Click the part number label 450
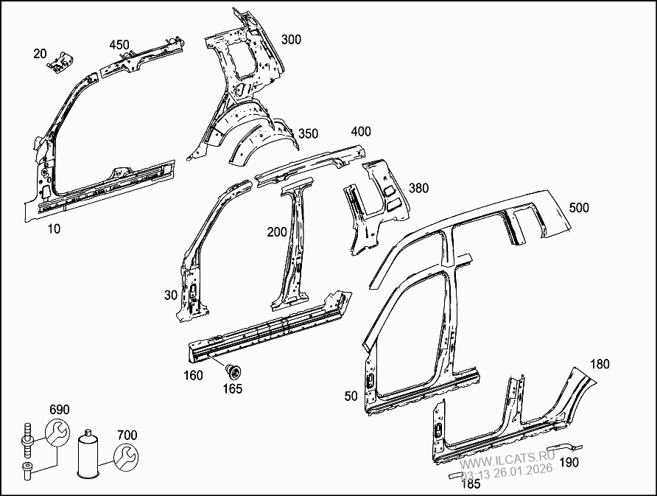click(119, 45)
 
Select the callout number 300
click(291, 39)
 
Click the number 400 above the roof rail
click(361, 132)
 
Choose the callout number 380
click(418, 188)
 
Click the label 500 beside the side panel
click(579, 208)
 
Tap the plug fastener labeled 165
click(233, 371)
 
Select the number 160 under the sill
click(193, 375)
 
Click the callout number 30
click(171, 296)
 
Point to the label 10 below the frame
click(54, 229)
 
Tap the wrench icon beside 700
click(126, 457)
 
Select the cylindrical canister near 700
click(88, 454)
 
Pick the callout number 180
click(600, 364)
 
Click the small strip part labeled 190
click(564, 446)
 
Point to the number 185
click(471, 484)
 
